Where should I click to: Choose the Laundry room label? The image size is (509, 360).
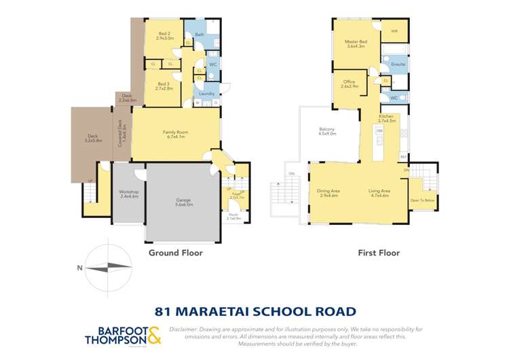coord(207,93)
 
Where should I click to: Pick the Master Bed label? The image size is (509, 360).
coord(357,43)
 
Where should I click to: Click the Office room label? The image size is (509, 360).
coord(348,84)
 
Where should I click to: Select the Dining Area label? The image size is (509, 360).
coord(329,192)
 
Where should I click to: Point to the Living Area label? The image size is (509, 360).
coord(379,192)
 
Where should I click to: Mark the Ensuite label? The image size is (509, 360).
coord(398,64)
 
